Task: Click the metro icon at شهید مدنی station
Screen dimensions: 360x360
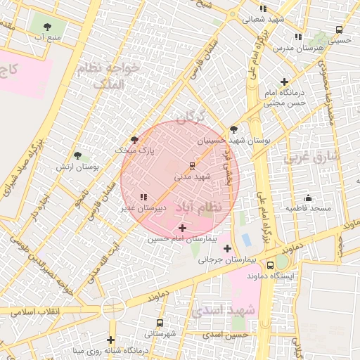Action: coord(192,167)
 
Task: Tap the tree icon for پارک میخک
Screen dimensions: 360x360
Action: coord(134,140)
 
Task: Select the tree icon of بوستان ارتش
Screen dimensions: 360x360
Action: coord(77,155)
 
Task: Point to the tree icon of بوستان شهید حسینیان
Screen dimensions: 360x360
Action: coord(233,129)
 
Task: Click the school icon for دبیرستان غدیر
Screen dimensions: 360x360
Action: coord(143,198)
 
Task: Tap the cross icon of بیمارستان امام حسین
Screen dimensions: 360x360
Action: coord(183,228)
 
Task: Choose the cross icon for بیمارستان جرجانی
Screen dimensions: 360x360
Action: coord(226,248)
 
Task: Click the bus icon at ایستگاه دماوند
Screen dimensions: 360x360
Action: coord(270,266)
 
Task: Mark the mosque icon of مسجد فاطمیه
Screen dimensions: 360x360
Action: coord(307,198)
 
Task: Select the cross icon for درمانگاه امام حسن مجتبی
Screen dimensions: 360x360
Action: coord(284,82)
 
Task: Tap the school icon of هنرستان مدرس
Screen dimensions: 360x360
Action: coord(298,37)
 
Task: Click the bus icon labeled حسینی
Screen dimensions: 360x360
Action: coord(340,30)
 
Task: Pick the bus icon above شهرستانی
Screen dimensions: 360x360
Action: coord(160,323)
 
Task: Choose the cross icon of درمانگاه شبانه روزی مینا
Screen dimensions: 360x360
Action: coord(110,340)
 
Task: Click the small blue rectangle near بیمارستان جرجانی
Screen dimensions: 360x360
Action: coord(246,240)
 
